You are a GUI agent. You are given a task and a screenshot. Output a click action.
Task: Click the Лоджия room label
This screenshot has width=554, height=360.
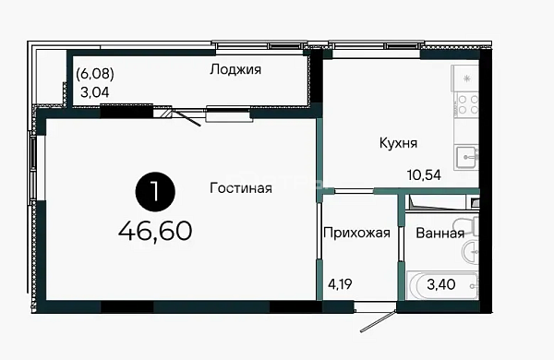[235, 69]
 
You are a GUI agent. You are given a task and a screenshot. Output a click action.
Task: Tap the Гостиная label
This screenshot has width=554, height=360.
[241, 188]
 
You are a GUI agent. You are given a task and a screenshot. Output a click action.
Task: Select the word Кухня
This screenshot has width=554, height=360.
[398, 143]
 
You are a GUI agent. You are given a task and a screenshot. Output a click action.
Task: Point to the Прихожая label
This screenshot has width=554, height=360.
[356, 233]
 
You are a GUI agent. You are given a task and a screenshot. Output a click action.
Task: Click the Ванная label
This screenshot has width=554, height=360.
[440, 234]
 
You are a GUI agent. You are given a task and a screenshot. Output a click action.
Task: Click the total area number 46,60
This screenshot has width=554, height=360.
[155, 231]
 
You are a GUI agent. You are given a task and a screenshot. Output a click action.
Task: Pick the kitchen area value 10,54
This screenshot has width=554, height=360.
[424, 174]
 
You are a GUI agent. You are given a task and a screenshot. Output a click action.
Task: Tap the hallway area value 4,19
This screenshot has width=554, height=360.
[340, 284]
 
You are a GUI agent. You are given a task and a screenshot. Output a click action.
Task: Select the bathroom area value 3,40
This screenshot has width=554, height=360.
[441, 284]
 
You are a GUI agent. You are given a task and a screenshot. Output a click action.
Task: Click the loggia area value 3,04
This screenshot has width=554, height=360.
[95, 92]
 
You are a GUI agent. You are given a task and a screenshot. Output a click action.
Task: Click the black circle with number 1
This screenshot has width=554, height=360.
[155, 192]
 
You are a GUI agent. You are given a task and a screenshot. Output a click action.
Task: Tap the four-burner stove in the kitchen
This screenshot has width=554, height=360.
[466, 105]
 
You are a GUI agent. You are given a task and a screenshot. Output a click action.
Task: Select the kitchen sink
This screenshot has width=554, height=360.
[466, 158]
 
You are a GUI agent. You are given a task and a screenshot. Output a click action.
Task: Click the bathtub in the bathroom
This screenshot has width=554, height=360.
[442, 285]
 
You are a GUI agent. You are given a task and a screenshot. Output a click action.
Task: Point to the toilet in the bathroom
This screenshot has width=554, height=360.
[466, 226]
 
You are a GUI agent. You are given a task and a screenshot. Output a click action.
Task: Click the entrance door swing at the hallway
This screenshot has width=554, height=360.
[378, 321]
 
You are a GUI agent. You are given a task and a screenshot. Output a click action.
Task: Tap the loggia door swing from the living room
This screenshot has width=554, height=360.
[187, 117]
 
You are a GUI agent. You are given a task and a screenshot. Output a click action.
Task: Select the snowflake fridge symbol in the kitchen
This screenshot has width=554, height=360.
[466, 78]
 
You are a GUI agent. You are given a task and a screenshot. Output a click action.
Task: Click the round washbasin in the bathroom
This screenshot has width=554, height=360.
[470, 251]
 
